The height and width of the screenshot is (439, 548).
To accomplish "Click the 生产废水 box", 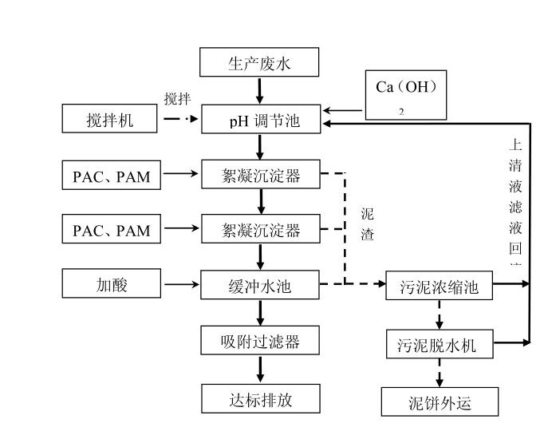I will [x=259, y=62].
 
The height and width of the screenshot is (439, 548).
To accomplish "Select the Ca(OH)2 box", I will [x=405, y=95].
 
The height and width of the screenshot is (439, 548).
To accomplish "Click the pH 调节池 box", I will [x=261, y=121].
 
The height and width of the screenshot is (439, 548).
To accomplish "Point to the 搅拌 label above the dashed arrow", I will [x=177, y=99].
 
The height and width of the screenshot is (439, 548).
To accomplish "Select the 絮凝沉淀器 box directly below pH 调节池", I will [x=261, y=176].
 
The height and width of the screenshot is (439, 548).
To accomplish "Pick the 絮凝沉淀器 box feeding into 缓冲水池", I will [x=261, y=231].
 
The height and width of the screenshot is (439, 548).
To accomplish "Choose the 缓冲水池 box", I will [x=261, y=285].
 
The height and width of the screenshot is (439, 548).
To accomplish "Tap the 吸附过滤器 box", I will [x=261, y=341].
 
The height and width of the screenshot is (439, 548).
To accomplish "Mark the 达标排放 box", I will [x=261, y=398].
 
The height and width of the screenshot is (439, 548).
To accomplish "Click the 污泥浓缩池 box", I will [x=439, y=286].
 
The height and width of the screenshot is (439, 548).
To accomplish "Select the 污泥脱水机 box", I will [x=437, y=346].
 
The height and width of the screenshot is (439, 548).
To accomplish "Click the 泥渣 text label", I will [x=367, y=226].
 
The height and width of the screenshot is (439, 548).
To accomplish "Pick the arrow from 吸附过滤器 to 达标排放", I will [x=260, y=369].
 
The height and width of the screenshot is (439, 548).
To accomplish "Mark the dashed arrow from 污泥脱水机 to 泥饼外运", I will [x=439, y=373].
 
